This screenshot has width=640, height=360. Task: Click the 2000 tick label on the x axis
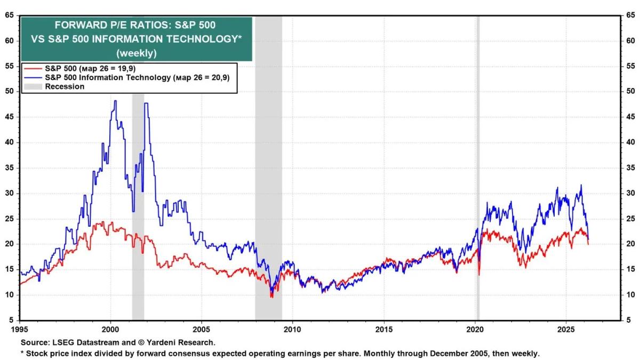coord(110,329)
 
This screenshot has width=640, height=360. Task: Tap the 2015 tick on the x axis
coord(384,329)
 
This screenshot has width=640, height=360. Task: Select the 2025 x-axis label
coord(566,329)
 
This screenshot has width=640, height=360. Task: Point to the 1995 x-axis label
coord(20,329)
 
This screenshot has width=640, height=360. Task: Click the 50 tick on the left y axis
coord(10,91)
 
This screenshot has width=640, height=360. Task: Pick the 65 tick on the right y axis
coord(631,15)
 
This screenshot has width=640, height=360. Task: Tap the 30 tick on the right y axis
coord(631,193)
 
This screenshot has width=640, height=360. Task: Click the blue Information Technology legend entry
coord(107,77)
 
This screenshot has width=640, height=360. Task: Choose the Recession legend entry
coord(65,86)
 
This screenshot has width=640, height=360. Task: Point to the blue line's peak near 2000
coord(115,101)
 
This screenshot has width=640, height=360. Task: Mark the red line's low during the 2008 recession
coord(271,297)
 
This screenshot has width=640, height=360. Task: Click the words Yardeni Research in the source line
coord(185,342)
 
